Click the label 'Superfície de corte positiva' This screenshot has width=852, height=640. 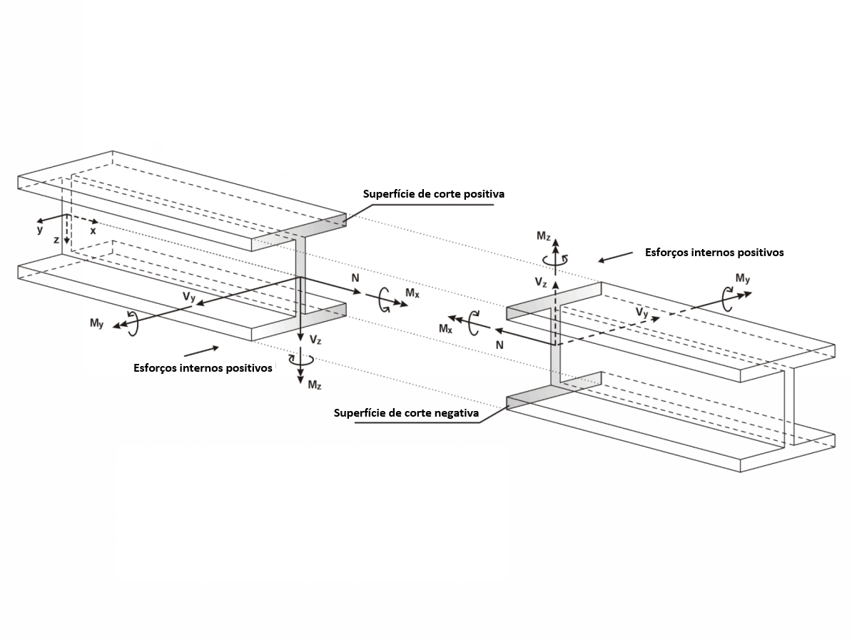pos(434,194)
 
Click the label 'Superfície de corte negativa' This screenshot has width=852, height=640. pos(406,413)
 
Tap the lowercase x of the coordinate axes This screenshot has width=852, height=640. pos(93,231)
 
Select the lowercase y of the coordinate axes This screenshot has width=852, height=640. pos(40,230)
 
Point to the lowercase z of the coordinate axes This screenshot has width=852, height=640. pos(56,240)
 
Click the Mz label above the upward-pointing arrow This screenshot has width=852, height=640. pos(543,235)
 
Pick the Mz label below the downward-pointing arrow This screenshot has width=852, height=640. pos(315,385)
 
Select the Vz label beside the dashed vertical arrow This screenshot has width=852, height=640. pos(541,282)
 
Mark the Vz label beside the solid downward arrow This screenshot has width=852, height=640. pos(315,340)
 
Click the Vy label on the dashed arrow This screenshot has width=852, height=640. pos(642,313)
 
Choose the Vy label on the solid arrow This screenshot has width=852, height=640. pos(189,297)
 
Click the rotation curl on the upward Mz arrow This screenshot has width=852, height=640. pos(555,260)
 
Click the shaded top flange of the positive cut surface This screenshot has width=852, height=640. pos(299,231)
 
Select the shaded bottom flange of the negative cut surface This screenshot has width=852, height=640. pos(553,392)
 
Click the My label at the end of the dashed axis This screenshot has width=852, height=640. pos(742,279)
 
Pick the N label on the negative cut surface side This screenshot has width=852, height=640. pos(499,345)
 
